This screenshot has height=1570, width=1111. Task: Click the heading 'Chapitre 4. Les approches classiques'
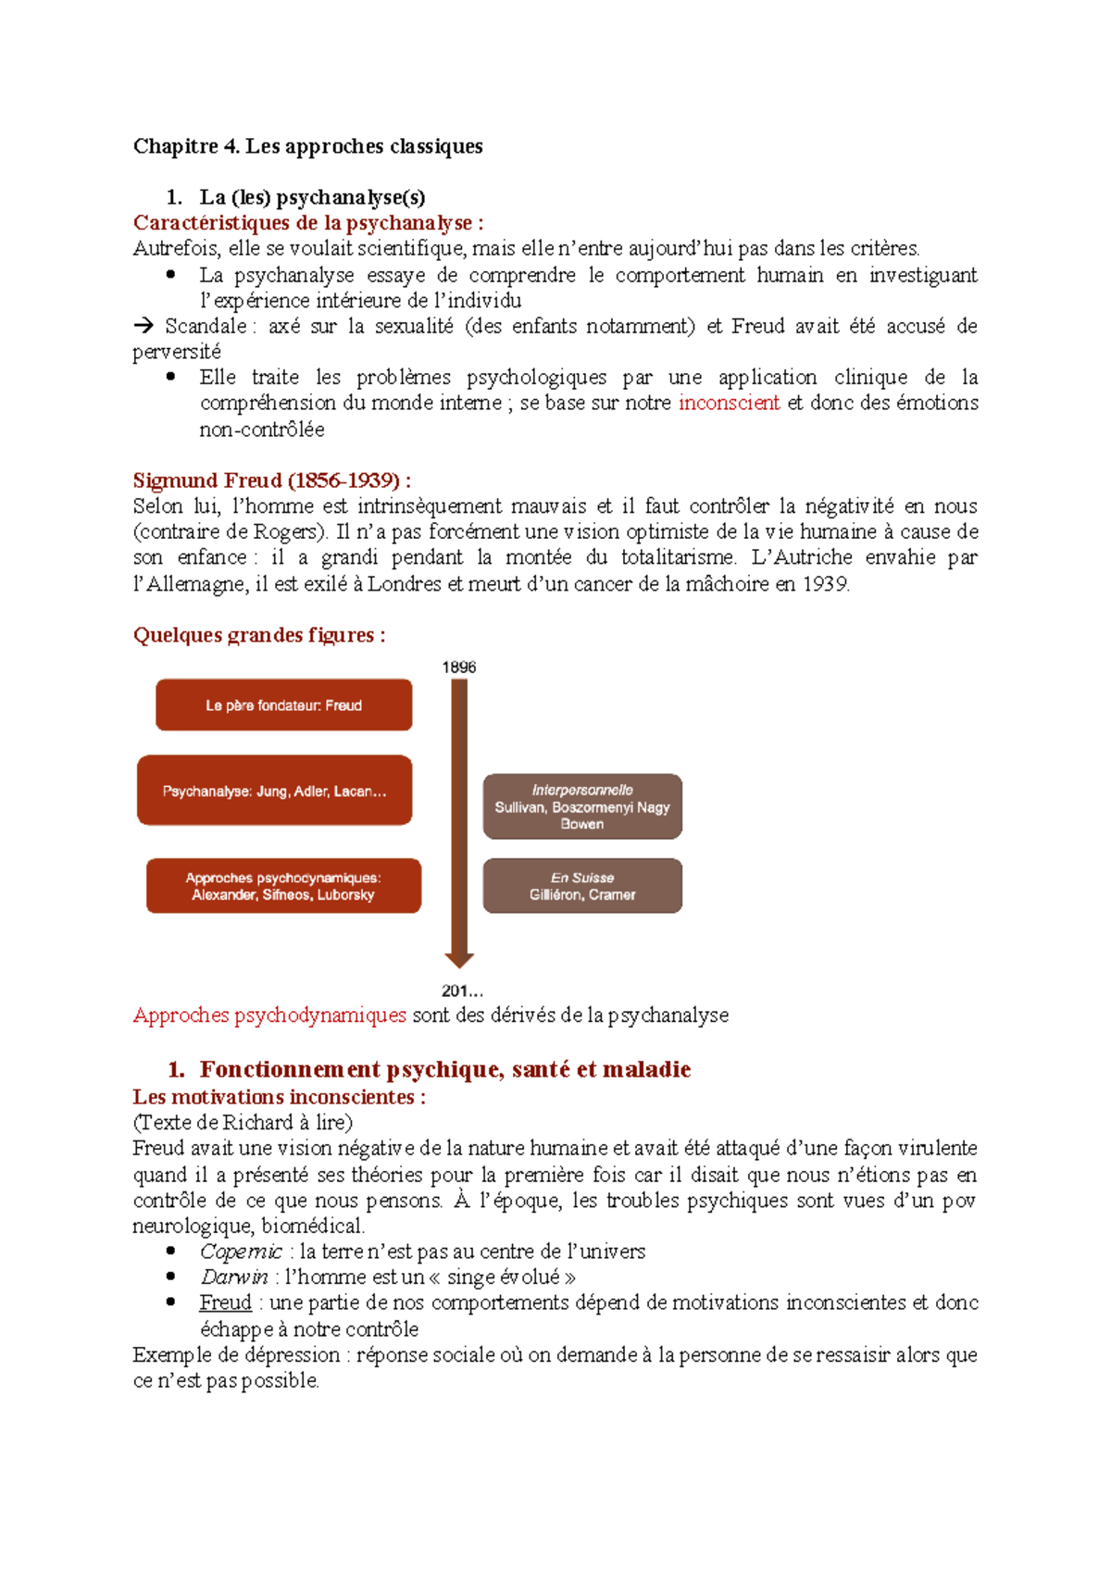tap(307, 146)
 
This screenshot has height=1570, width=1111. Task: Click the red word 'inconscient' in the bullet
tap(729, 403)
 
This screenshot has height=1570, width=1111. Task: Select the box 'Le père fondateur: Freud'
tap(283, 705)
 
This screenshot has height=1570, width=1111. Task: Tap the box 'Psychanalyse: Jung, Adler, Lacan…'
tap(274, 791)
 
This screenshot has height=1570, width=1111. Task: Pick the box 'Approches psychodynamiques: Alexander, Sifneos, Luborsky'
tap(283, 886)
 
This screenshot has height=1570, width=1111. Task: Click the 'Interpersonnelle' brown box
tap(582, 806)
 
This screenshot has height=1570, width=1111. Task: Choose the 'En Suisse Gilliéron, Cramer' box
tap(582, 886)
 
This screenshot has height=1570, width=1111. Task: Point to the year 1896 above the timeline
tap(458, 667)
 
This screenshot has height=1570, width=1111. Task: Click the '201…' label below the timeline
tap(461, 991)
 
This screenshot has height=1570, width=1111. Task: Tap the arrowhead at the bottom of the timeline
tap(459, 960)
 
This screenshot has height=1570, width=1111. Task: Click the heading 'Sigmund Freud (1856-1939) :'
tap(271, 480)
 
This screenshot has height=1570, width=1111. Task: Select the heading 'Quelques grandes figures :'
tap(259, 635)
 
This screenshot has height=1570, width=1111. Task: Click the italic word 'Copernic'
tap(241, 1252)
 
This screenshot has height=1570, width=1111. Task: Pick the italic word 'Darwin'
tap(233, 1277)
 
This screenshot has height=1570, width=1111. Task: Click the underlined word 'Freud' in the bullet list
tap(225, 1302)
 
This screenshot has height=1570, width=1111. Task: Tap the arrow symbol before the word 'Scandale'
tap(144, 326)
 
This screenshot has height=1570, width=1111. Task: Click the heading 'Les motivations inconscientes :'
tap(279, 1097)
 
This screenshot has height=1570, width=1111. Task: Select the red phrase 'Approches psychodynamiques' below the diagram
tap(269, 1016)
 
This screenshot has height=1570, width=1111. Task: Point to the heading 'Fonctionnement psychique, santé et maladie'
tap(444, 1069)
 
